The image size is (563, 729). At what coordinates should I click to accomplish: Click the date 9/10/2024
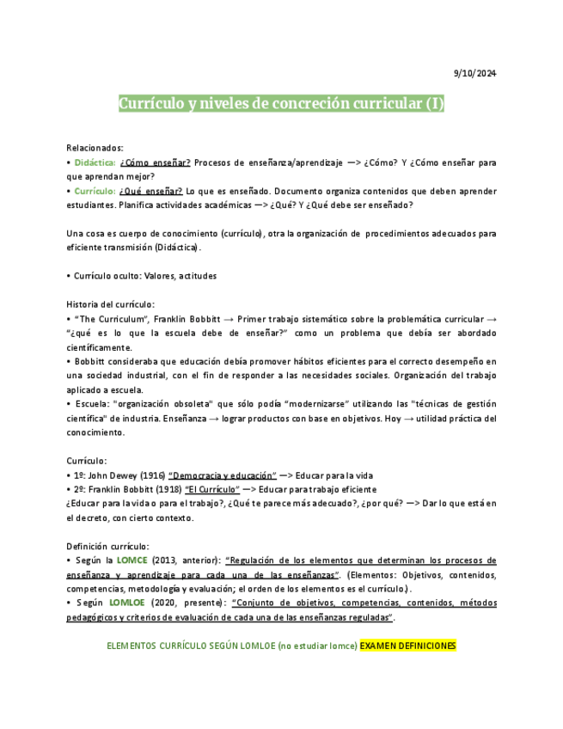click(474, 73)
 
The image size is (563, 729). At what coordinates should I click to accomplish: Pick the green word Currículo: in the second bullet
click(95, 191)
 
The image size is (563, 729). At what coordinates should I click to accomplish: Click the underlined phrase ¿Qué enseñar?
click(151, 191)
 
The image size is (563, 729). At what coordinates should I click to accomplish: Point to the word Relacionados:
click(95, 147)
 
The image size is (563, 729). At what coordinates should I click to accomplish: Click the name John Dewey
click(114, 475)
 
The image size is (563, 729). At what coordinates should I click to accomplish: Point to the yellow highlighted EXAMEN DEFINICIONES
click(408, 646)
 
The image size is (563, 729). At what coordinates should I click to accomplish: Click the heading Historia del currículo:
click(111, 304)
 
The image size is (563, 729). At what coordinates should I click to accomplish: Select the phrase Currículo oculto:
click(106, 276)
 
